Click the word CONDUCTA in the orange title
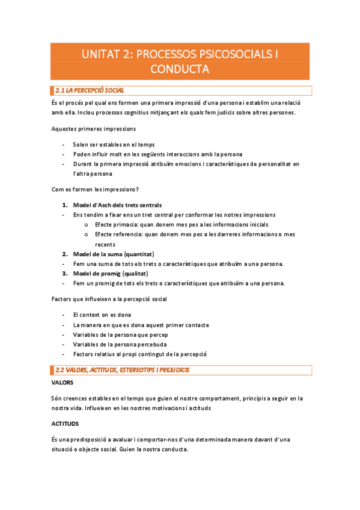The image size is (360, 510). (180, 69)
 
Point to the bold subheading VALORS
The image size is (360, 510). (63, 382)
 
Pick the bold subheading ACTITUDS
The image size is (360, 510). (67, 423)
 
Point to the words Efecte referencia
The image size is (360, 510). (118, 235)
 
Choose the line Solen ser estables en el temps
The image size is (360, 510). (114, 144)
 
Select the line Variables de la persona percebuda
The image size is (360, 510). (120, 344)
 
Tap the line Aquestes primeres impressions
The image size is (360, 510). (93, 128)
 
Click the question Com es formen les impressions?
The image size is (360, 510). (95, 189)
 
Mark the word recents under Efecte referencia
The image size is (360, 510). (105, 245)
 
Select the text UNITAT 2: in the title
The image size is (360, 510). (108, 54)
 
